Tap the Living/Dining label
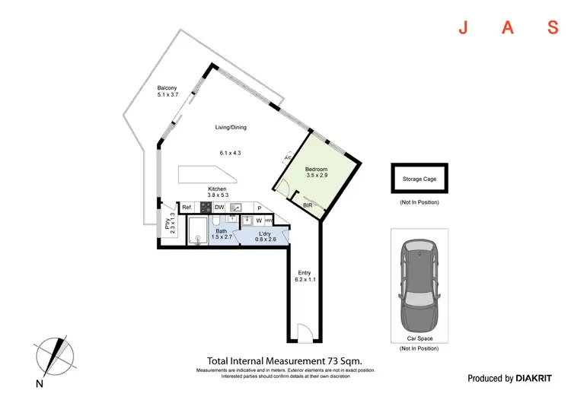[230, 128]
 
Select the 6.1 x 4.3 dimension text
[230, 153]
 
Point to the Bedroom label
[316, 169]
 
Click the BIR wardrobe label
[308, 205]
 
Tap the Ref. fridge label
[187, 207]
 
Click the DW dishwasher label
[219, 207]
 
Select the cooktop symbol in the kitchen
[204, 207]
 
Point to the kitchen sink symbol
[236, 207]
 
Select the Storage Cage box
[419, 179]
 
